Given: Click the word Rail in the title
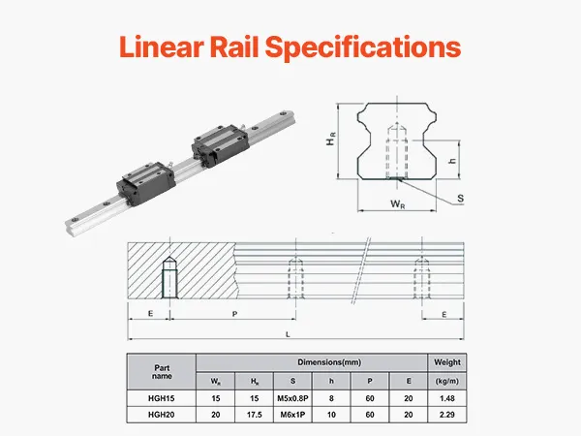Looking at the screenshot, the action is click(233, 47).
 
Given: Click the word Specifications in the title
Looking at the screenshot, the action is click(363, 47).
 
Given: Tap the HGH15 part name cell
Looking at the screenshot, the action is click(161, 398).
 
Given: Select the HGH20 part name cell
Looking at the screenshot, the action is click(161, 415).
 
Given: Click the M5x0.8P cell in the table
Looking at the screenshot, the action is click(292, 398).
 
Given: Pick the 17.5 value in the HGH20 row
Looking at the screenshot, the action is click(254, 415).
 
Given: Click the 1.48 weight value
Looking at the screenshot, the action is click(447, 398).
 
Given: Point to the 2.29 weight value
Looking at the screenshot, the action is click(447, 415).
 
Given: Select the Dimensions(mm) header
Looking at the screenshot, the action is click(329, 362).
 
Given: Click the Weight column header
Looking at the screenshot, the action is click(447, 362).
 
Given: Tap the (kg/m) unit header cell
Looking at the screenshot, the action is click(447, 381).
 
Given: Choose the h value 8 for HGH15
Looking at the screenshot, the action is click(331, 398).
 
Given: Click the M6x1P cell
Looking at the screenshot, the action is click(292, 415).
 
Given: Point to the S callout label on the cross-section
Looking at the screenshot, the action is click(460, 199).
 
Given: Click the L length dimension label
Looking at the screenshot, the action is click(288, 334).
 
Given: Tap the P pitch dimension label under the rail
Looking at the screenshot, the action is click(234, 314).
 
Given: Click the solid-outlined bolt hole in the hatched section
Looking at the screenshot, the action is click(169, 277).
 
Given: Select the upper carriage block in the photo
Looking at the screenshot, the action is click(220, 145).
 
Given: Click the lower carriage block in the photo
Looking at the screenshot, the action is click(146, 183).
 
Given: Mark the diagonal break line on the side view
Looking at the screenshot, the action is click(360, 270).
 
